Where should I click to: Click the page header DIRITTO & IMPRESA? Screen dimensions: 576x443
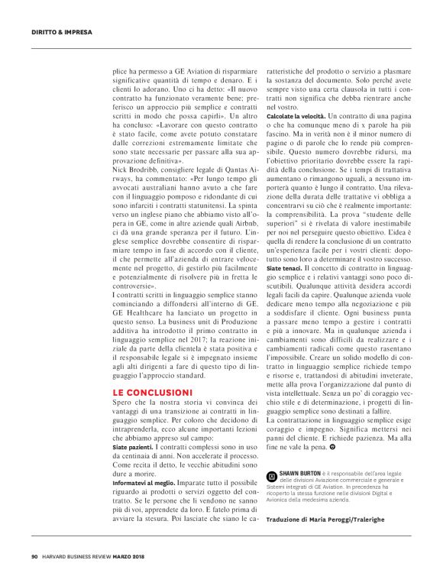coord(61,32)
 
